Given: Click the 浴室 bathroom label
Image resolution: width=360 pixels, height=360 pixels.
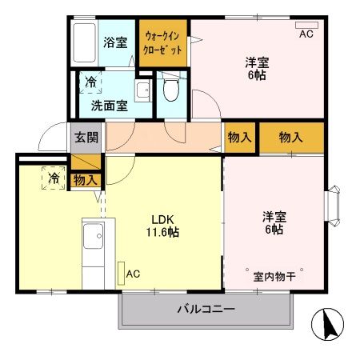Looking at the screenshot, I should coord(115,42).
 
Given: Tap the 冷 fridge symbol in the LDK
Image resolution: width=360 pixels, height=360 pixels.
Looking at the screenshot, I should coord(53,178).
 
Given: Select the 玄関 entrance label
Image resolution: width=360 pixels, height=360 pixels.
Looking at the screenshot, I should coord(87,137).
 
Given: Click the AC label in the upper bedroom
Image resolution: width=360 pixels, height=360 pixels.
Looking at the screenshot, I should coord(306,34).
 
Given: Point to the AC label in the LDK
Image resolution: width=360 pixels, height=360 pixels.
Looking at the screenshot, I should coord(132,274).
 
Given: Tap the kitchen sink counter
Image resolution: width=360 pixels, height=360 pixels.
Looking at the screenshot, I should coord(93,249).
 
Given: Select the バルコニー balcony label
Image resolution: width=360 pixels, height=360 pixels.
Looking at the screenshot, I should coord(206,310).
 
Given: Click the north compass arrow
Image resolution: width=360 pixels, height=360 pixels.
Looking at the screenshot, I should coord(328,323).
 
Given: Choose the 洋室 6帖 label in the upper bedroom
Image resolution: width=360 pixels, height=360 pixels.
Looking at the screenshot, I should coord(256,68).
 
